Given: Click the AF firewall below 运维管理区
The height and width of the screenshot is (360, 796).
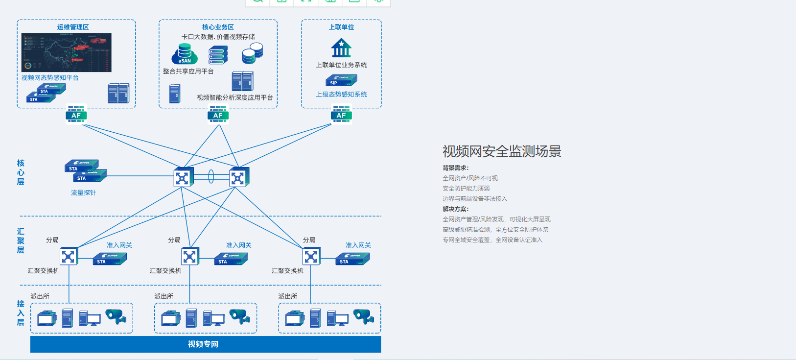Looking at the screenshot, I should pos(76,115).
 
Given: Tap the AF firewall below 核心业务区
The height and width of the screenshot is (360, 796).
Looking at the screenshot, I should pos(218,115).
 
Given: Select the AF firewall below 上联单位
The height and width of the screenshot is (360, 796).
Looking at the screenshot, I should pos(341,115).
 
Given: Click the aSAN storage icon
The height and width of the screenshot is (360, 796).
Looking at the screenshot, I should pos(185,54).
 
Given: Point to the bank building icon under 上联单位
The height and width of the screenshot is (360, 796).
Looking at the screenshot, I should pos(341,48).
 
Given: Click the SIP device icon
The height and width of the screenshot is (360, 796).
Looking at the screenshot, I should pos(341,80).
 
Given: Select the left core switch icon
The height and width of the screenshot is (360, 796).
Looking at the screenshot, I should pos(183,177).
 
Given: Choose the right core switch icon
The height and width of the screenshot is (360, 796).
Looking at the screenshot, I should pos(239,177).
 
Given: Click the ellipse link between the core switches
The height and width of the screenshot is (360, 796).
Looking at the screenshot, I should pos(211,176).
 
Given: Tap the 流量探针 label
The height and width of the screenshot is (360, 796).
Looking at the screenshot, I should pos(83,193).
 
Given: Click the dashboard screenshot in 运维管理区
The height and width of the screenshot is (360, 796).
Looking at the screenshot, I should pos(67,52).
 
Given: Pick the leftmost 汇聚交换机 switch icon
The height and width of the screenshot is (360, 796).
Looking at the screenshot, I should pos(69,256).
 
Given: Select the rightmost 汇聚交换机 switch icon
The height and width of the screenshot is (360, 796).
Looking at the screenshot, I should pos(311,256).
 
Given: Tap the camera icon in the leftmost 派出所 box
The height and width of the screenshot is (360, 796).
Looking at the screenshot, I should pos(116,316).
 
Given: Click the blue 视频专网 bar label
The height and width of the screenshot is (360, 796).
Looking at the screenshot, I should pos(203,344).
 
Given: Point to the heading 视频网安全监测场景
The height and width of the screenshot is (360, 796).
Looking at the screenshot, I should pos(502,151).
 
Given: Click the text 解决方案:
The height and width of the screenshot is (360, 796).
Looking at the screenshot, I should pos(456,209).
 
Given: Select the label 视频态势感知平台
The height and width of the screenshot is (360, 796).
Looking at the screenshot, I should pos(50,78).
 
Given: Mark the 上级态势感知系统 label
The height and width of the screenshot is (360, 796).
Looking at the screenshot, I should pos(341,95).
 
